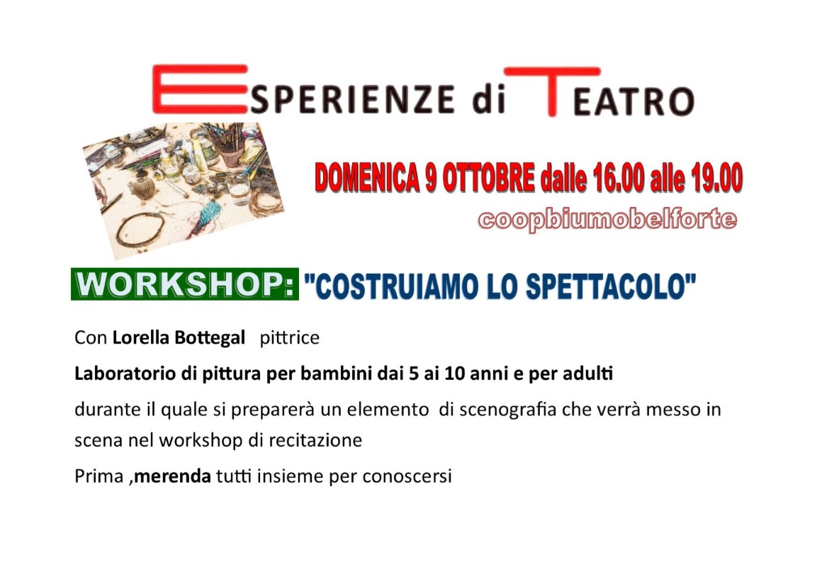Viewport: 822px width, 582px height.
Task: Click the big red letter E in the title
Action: point(199,89)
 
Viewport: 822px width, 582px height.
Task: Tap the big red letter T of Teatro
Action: point(551,91)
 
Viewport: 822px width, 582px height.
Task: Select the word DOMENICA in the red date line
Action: point(368,179)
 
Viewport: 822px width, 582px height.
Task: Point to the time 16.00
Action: point(619,179)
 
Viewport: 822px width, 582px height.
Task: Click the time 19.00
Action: point(716,179)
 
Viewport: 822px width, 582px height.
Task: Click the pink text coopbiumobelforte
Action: point(607,218)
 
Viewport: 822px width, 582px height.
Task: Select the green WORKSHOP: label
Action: point(184,284)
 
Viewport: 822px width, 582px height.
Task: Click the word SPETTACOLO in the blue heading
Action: point(611,286)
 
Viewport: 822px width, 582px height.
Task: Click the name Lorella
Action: point(141,337)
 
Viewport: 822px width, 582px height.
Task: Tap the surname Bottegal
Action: point(210,337)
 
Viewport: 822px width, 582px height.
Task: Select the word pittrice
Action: point(289,337)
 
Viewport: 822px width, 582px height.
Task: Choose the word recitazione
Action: point(315,440)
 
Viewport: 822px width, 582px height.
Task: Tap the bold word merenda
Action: point(172,476)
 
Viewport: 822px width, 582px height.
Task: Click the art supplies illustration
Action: point(184,190)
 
